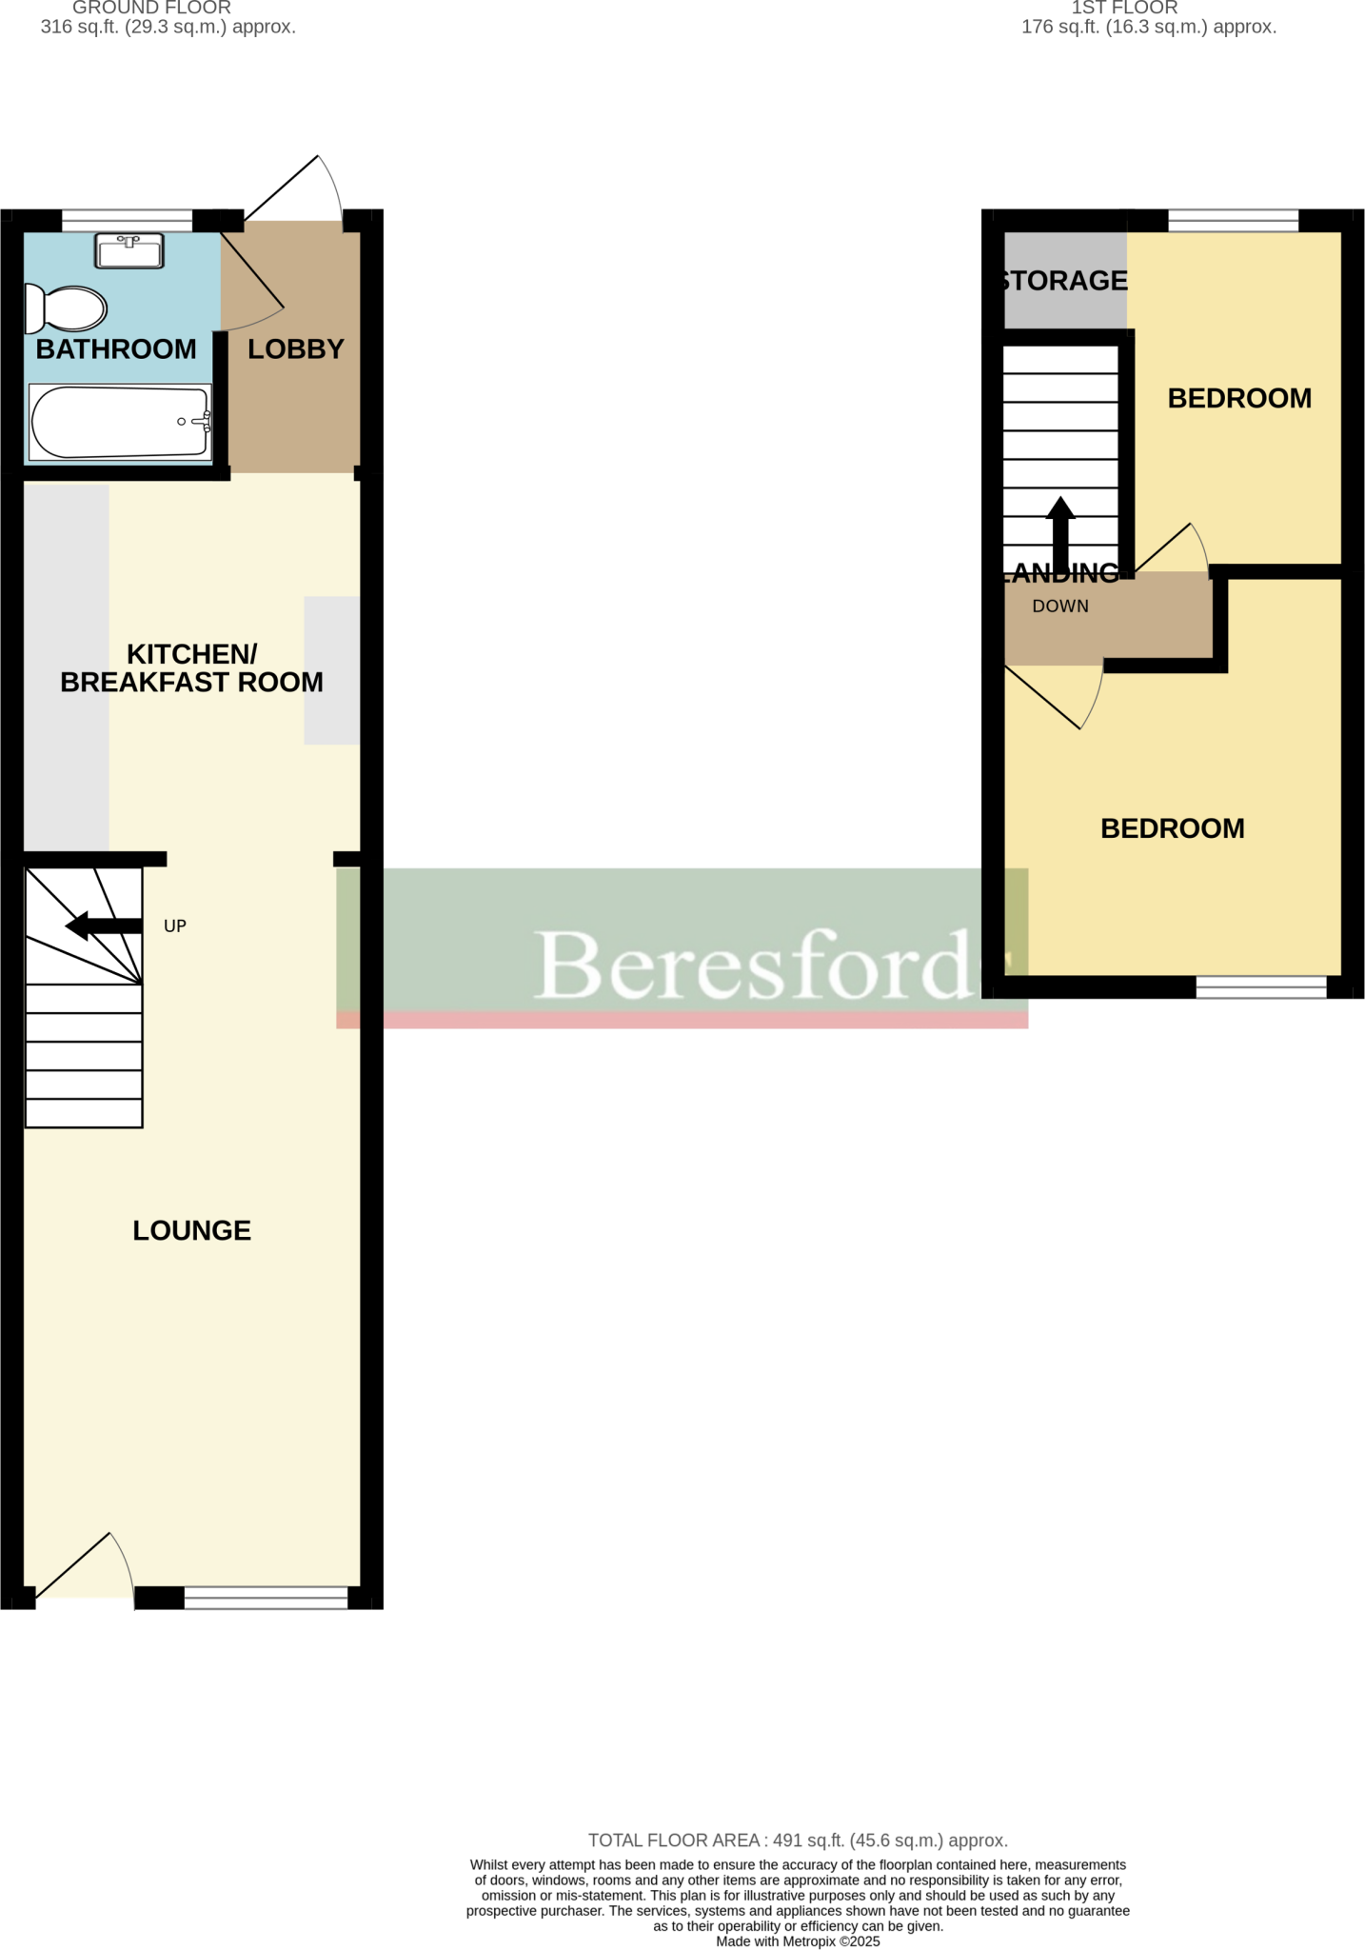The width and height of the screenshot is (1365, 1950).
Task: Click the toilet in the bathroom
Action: pos(67,308)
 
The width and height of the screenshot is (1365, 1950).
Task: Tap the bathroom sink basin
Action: pos(129,251)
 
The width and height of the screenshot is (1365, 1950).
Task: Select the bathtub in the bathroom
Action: pos(119,422)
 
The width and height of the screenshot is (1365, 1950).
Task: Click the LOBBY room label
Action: pos(295,349)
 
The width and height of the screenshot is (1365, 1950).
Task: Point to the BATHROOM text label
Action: pos(116,349)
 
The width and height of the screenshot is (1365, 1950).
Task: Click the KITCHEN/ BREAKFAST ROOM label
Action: pos(191,668)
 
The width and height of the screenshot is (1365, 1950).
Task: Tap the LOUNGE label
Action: pos(191,1230)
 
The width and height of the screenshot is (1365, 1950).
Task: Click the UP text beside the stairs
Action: pos(175,925)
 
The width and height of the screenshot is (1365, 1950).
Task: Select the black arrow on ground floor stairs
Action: pos(103,925)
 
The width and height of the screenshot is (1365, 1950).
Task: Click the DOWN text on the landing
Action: pos(1060,607)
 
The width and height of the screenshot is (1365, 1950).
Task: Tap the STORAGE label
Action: pos(1064,281)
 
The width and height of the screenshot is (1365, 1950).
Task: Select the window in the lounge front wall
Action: pos(266,1597)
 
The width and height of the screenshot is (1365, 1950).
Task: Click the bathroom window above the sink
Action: pos(127,221)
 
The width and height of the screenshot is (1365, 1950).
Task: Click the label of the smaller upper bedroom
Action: pos(1239,398)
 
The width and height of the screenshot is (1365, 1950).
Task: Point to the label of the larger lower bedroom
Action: pos(1173,828)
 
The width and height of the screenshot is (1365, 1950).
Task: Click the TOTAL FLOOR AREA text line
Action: pos(798,1841)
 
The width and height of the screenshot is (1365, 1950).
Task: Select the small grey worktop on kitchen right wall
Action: pos(332,670)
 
